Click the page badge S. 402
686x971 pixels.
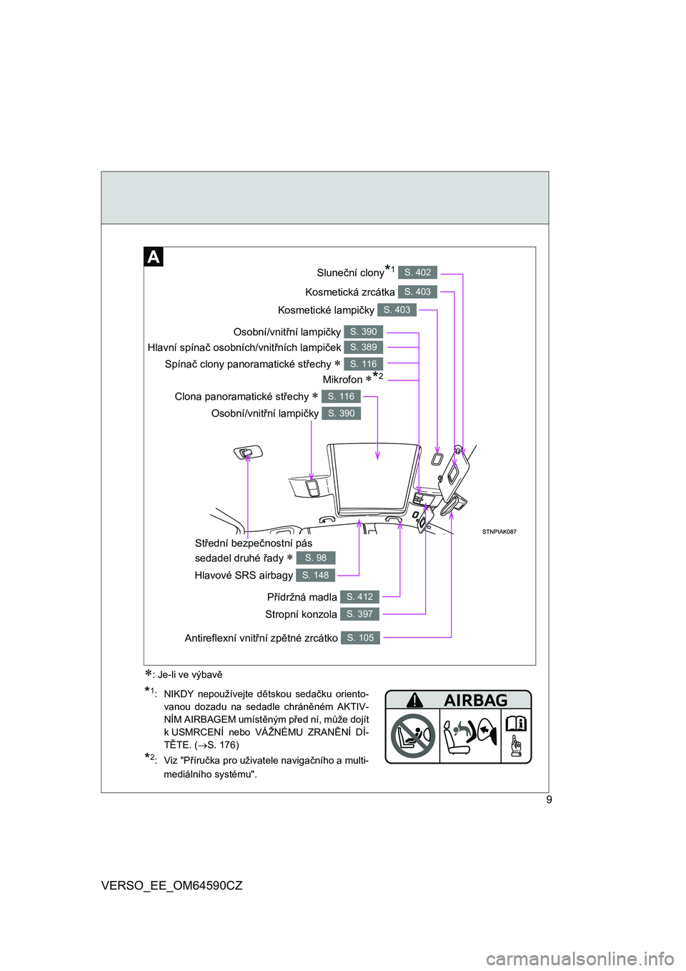(x=417, y=272)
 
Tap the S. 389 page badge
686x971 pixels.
(x=363, y=348)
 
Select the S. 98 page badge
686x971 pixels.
(x=315, y=558)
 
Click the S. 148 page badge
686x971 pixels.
(x=315, y=575)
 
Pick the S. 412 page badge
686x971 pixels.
(x=359, y=597)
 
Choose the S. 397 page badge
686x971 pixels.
(x=359, y=614)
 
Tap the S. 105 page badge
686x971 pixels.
(x=360, y=638)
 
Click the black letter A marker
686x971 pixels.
(x=154, y=257)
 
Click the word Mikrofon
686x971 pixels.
(x=342, y=380)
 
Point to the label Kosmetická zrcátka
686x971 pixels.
(x=349, y=292)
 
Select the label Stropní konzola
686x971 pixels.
(x=301, y=614)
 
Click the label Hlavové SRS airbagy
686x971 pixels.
(x=244, y=575)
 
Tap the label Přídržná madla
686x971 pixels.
(x=302, y=597)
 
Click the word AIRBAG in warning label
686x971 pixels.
(x=476, y=700)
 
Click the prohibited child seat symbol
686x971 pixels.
(x=413, y=736)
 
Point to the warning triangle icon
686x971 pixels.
(x=414, y=700)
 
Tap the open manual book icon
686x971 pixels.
(x=516, y=724)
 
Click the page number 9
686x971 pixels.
(x=549, y=799)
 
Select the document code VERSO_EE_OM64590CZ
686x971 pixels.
(x=171, y=885)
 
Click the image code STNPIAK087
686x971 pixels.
(x=499, y=532)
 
